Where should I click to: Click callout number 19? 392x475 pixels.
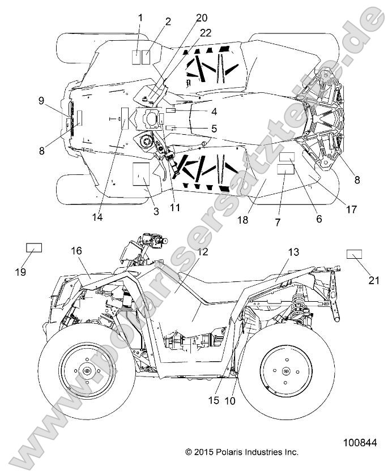coord(20,272)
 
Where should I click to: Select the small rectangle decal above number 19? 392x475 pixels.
coord(34,247)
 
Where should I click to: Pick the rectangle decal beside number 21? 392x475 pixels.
coord(355,253)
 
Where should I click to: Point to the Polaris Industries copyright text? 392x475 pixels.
coord(241,452)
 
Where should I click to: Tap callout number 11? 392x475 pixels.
coord(175,207)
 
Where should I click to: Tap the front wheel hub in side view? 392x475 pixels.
coord(86,371)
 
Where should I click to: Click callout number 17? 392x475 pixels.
coord(351,209)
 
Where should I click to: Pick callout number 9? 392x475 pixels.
coord(41,100)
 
